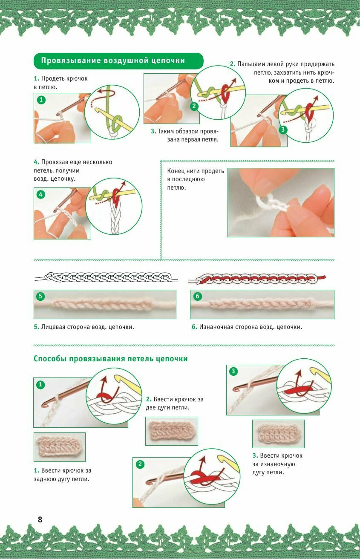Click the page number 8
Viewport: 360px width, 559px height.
(40, 519)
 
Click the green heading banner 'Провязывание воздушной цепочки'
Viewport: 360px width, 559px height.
(118, 61)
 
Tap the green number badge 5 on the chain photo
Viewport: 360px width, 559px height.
(40, 296)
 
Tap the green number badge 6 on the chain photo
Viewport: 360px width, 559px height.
(197, 296)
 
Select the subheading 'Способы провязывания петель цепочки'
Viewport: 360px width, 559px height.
(110, 359)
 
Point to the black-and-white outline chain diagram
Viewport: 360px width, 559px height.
(106, 277)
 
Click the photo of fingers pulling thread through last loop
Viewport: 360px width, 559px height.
(281, 202)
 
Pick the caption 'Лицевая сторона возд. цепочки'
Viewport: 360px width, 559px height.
(84, 327)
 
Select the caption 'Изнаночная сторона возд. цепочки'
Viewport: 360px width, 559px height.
(247, 327)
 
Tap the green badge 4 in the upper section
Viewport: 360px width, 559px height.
(40, 194)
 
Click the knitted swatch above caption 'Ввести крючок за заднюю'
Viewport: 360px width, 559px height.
(60, 447)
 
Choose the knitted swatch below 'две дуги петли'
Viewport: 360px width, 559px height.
(172, 431)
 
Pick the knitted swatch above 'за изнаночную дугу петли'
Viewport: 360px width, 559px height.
(278, 434)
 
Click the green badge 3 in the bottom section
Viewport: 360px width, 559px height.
(233, 371)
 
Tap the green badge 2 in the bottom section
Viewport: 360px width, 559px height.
(140, 464)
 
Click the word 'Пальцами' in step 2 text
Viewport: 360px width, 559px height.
(251, 64)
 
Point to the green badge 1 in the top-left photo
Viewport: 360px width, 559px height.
(41, 100)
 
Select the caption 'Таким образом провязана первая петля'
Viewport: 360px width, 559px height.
(185, 135)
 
